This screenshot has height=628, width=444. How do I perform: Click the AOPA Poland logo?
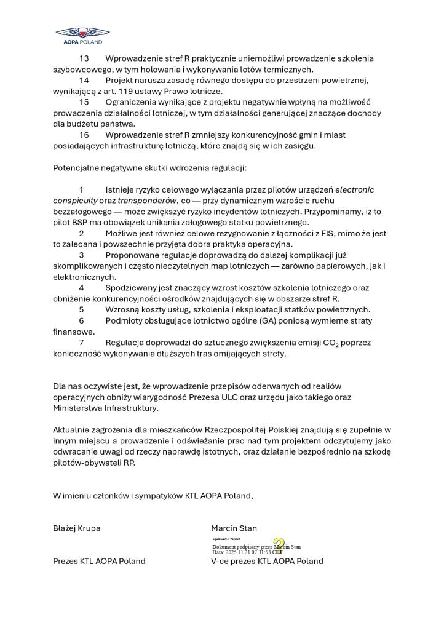82,35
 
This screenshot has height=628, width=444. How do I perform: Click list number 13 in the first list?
84,58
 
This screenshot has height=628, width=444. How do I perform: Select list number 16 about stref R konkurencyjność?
84,135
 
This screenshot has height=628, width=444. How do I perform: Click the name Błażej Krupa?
76,528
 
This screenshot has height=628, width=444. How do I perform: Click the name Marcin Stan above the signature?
234,528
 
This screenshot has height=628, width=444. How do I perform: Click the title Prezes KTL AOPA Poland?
99,561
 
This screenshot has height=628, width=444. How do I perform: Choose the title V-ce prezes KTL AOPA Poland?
267,561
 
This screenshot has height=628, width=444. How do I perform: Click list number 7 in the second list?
81,343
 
